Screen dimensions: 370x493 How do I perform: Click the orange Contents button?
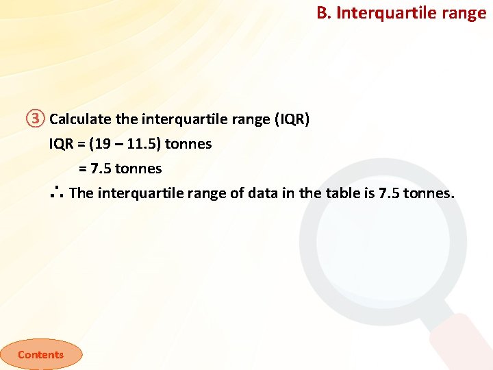point(40,354)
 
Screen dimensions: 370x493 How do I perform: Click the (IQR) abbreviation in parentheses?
point(292,119)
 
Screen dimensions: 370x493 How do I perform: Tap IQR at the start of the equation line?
point(60,144)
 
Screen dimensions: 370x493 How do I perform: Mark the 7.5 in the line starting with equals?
point(101,169)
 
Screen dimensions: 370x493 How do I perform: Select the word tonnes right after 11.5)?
point(188,144)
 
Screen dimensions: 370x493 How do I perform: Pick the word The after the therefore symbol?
point(81,193)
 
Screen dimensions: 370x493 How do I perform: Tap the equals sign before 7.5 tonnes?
point(83,169)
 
